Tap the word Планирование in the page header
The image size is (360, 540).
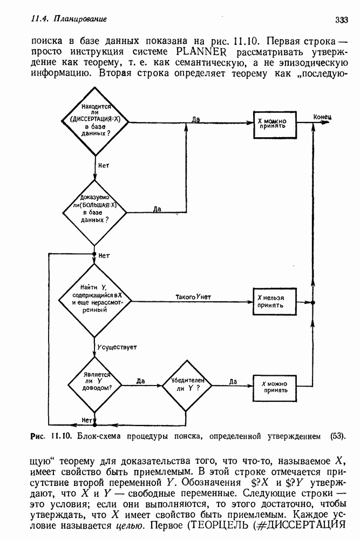point(78,19)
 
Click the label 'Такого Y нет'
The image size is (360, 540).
point(193,297)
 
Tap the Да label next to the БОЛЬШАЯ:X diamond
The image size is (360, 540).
point(157,209)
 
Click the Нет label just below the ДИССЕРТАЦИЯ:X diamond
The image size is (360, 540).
point(104,165)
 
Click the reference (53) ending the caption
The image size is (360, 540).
point(337,435)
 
